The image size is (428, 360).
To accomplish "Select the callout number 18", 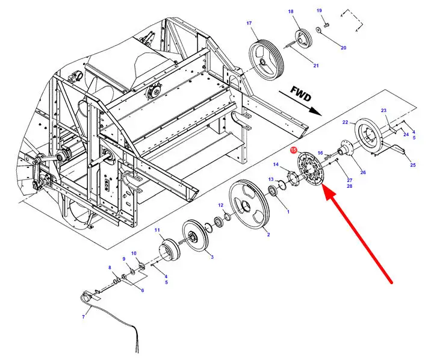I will pyautogui.click(x=290, y=12).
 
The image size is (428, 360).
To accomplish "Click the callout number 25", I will pyautogui.click(x=412, y=164).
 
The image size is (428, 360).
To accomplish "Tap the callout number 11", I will pyautogui.click(x=157, y=230).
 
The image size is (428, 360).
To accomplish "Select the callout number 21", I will pyautogui.click(x=315, y=65).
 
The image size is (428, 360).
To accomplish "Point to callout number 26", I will pyautogui.click(x=362, y=172).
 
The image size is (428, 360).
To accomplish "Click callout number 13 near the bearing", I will pyautogui.click(x=271, y=179).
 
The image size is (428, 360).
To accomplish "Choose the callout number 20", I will pyautogui.click(x=343, y=48).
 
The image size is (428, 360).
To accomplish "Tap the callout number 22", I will pyautogui.click(x=345, y=122).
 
